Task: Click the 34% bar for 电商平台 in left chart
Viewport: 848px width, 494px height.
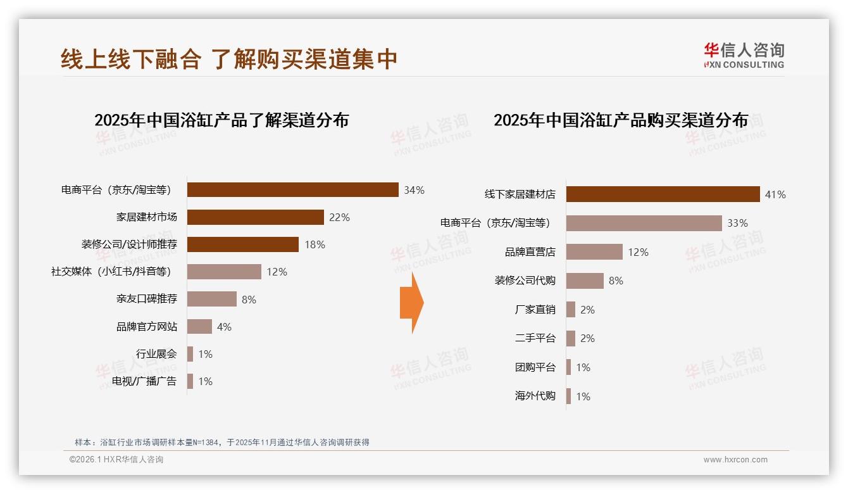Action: tap(292, 190)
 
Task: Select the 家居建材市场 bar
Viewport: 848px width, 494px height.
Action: tap(255, 217)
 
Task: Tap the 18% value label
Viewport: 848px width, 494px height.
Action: tap(315, 244)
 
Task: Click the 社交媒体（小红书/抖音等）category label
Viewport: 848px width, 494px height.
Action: tap(111, 272)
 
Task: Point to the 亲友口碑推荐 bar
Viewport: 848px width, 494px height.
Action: tap(211, 299)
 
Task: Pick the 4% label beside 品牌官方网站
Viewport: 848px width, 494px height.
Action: tap(224, 327)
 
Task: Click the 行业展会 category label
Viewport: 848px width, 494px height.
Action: tap(156, 354)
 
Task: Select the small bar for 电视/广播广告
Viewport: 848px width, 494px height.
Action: tap(190, 381)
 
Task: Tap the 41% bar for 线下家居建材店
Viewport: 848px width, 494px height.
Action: tap(663, 194)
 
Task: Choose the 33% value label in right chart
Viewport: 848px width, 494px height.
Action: tap(737, 223)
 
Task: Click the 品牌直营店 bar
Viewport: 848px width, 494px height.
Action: tap(594, 252)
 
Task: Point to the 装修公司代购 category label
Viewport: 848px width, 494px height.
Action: tap(525, 281)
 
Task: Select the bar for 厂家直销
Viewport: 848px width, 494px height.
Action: tap(570, 310)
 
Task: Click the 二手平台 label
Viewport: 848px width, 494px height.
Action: tap(535, 338)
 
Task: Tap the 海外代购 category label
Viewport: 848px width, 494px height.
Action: tap(535, 396)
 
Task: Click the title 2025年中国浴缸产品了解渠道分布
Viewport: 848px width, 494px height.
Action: tap(221, 120)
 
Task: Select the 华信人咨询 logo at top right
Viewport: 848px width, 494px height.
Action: tap(744, 55)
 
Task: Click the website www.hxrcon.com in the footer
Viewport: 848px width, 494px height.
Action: tap(735, 460)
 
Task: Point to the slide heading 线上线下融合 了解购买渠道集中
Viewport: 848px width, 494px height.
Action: tap(229, 59)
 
